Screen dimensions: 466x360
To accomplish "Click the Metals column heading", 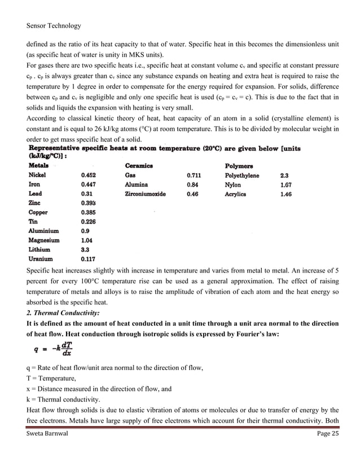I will pyautogui.click(x=38, y=166).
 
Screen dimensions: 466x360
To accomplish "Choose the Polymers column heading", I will pyautogui.click(x=239, y=166).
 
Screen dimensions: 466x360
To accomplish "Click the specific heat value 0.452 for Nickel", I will pyautogui.click(x=89, y=175).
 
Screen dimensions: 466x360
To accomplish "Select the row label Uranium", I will pyautogui.click(x=41, y=259).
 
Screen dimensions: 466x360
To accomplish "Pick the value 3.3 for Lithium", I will pyautogui.click(x=86, y=249).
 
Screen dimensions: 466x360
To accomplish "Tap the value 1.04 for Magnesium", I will pyautogui.click(x=87, y=240).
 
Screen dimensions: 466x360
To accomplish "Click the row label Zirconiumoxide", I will pyautogui.click(x=145, y=194).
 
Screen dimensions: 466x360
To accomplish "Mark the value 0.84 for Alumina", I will pyautogui.click(x=192, y=184).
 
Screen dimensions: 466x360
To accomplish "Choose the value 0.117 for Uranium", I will pyautogui.click(x=89, y=259).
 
